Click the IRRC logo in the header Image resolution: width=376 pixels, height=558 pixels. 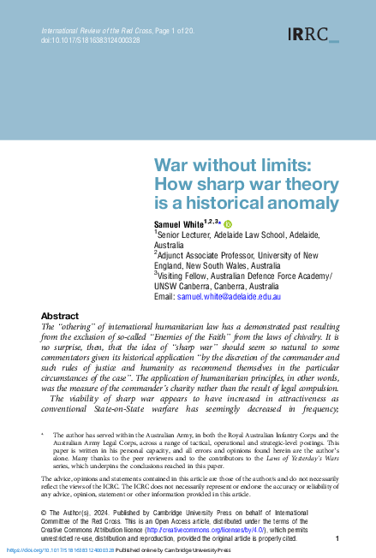(x=313, y=34)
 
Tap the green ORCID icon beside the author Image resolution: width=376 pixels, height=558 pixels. (x=228, y=223)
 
